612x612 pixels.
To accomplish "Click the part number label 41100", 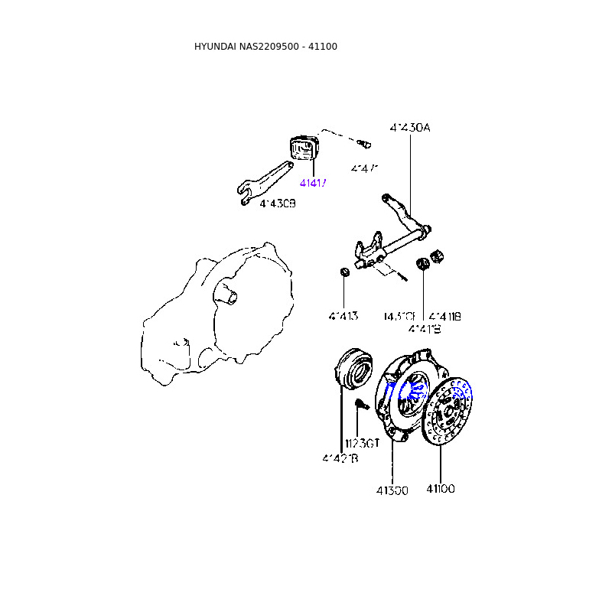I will [x=441, y=489].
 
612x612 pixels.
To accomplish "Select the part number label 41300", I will [x=392, y=490].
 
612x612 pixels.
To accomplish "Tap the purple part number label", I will [x=313, y=184].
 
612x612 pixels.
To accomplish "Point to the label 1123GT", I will [x=362, y=443].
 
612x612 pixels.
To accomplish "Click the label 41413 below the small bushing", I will [x=344, y=316].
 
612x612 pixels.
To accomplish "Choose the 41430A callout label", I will [x=409, y=128].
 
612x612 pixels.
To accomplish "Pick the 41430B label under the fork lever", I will [x=277, y=203].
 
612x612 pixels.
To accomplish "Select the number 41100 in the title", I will [x=323, y=47].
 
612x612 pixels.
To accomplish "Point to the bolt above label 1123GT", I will [x=363, y=405].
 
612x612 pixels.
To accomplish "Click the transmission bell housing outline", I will [x=222, y=314].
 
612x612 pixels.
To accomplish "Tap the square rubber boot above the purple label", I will [x=304, y=148].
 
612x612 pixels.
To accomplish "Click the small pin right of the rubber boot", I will [x=364, y=142].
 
